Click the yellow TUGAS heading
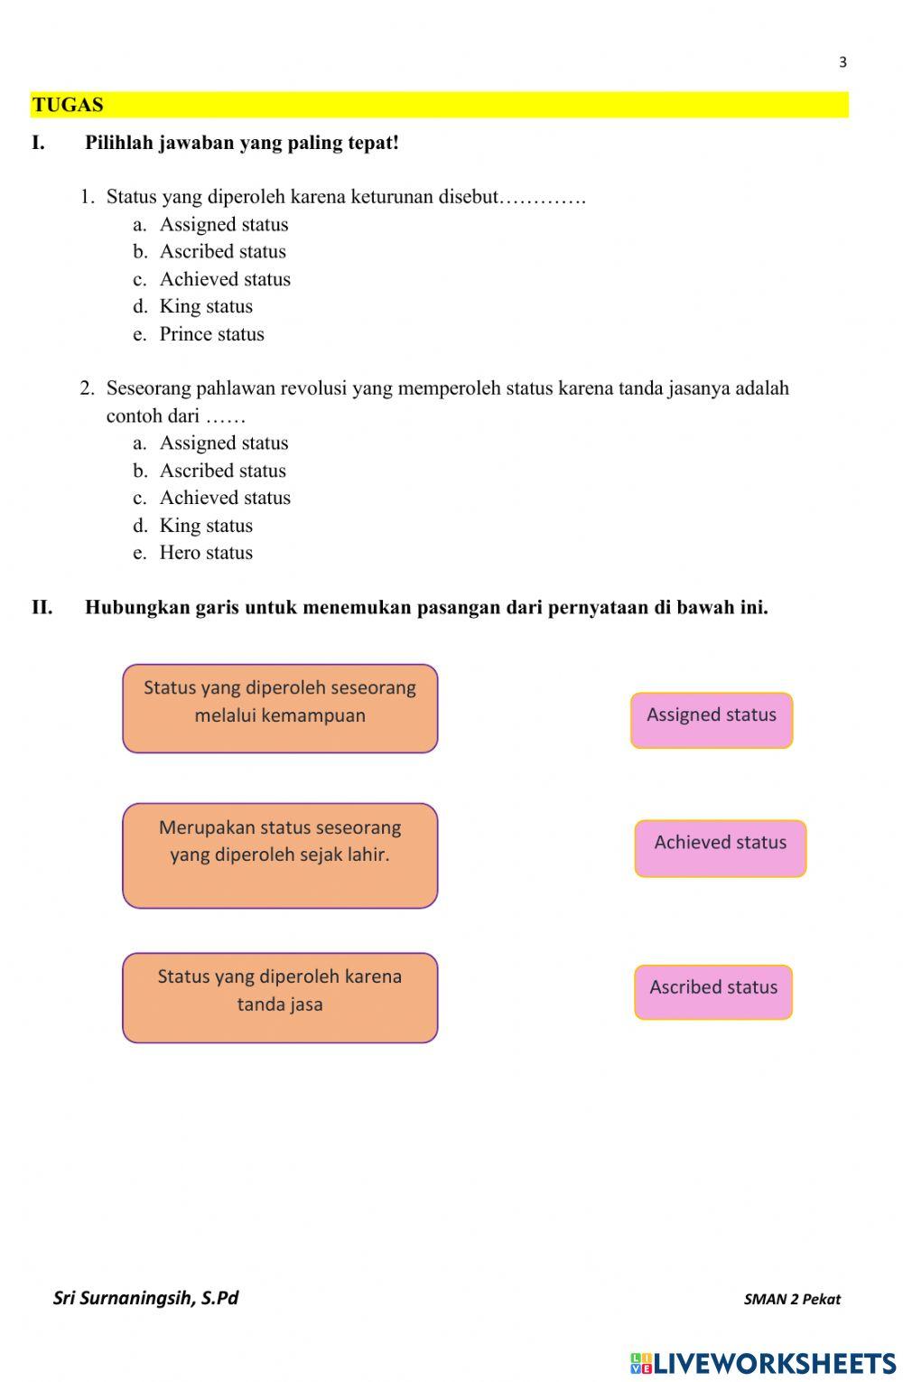click(68, 105)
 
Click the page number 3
click(842, 62)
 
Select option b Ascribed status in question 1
click(222, 252)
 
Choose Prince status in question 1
click(211, 334)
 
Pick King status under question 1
click(206, 307)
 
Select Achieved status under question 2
click(225, 498)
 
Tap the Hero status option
click(206, 553)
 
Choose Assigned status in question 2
click(224, 444)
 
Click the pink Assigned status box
click(712, 720)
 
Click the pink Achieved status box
click(720, 848)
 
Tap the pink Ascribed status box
click(713, 992)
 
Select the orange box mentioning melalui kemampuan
click(280, 708)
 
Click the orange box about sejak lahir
click(280, 854)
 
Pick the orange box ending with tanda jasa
click(280, 997)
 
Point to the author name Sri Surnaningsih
click(145, 1298)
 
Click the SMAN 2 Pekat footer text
click(791, 1300)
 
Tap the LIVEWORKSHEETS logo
click(763, 1363)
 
